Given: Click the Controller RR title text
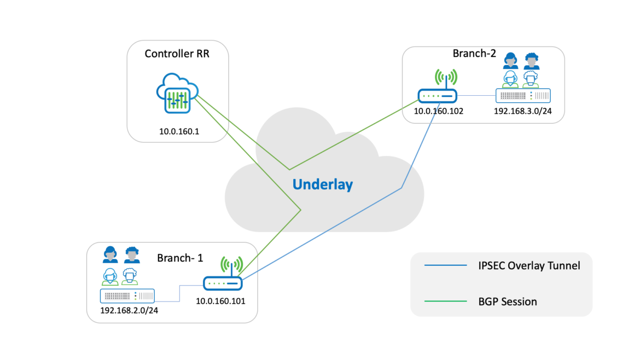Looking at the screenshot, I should pos(177,54).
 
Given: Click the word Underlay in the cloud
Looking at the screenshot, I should pos(323,184).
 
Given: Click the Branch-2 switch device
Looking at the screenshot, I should pos(523,96).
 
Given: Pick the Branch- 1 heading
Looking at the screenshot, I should pos(179,258).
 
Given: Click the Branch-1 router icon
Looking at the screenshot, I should pos(223,283).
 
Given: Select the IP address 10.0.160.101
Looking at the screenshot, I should pos(221,300).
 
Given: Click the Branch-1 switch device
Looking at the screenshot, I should pos(127,296).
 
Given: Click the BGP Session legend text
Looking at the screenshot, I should pos(503,301).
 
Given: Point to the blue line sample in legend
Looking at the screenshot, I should pos(444,266).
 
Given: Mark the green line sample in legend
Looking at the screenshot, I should pos(444,301).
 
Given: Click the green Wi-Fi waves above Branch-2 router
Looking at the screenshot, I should pos(446,77).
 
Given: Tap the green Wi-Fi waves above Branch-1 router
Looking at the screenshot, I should pos(232,264).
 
